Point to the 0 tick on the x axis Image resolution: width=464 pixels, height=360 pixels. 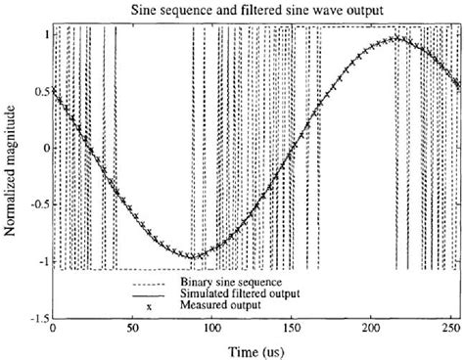point(52,327)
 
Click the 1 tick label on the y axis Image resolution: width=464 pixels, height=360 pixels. point(43,33)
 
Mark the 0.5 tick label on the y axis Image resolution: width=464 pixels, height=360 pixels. point(38,90)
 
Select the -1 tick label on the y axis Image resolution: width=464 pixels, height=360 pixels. point(40,261)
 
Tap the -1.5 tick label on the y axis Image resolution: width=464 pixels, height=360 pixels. point(36,317)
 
